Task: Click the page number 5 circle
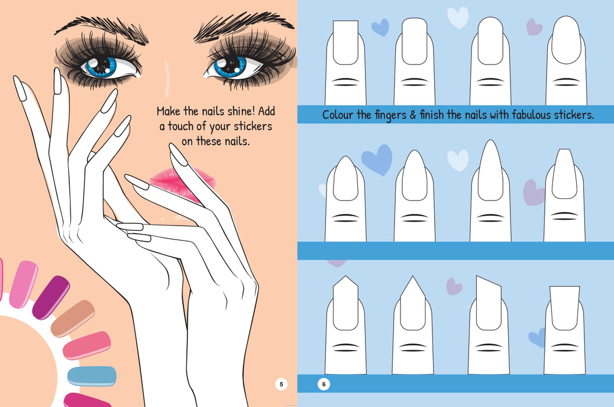pos(281,384)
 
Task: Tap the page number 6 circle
pos(324,384)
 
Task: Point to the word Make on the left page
pos(169,111)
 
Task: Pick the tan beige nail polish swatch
pos(72,318)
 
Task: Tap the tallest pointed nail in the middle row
pos(489,169)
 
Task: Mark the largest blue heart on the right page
pos(377,160)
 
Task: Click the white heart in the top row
pos(457,17)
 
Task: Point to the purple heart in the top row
pos(534,27)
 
